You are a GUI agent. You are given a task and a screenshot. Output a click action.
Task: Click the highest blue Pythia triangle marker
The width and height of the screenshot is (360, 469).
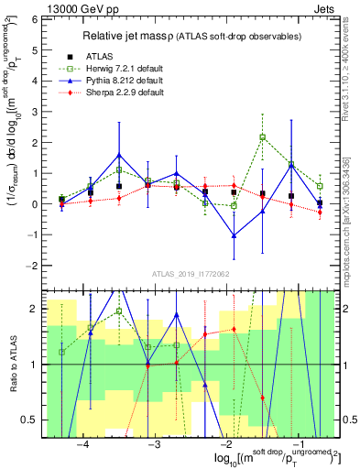pos(119,155)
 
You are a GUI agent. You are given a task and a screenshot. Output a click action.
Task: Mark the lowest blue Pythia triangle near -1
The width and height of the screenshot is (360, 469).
pos(235,235)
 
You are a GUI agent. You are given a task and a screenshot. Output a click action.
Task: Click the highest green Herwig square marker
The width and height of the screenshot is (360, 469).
pos(263,137)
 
